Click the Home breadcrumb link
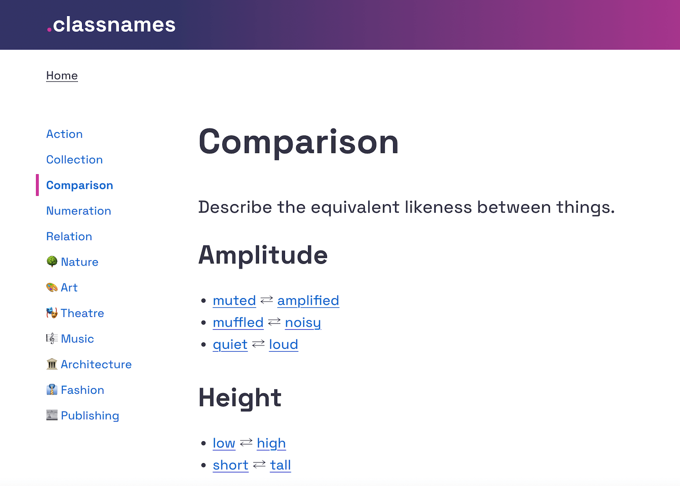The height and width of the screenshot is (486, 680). (x=62, y=76)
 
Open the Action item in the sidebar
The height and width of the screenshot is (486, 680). (x=64, y=134)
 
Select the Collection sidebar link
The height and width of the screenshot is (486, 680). (x=74, y=160)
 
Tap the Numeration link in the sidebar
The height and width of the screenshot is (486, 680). (x=79, y=211)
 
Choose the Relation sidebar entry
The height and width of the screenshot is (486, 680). (x=69, y=236)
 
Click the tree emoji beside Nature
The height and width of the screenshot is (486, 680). (x=52, y=261)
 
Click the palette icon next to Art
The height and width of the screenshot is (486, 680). (x=52, y=288)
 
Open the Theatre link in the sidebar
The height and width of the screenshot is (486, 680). (x=82, y=313)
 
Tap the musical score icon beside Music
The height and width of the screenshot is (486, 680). (x=52, y=339)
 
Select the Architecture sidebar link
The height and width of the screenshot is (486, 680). (x=96, y=364)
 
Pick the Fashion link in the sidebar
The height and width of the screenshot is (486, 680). (x=82, y=390)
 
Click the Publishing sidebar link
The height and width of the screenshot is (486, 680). (x=90, y=415)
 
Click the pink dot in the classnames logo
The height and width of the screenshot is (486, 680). (x=49, y=30)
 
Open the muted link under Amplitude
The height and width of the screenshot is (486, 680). (x=234, y=301)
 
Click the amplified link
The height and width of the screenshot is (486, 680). (x=308, y=301)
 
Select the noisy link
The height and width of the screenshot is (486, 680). (x=303, y=323)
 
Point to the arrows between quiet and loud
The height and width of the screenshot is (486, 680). (x=258, y=344)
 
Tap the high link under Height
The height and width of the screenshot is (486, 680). (x=271, y=444)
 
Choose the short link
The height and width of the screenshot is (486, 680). (x=230, y=465)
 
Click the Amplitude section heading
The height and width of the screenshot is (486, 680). (x=263, y=255)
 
